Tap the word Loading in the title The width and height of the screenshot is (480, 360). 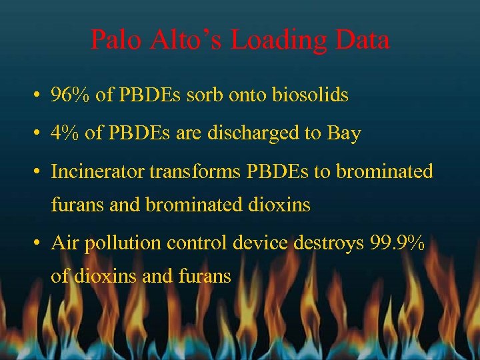coord(278,41)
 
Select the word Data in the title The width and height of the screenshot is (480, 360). coord(363,41)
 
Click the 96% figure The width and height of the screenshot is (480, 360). coord(71,95)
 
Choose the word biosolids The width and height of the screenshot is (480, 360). coord(310,95)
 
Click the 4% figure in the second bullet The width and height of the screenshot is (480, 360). coord(65,133)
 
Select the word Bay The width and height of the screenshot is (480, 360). coord(344,133)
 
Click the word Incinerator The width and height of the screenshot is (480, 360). coord(97,171)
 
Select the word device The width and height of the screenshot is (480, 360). coord(262,243)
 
